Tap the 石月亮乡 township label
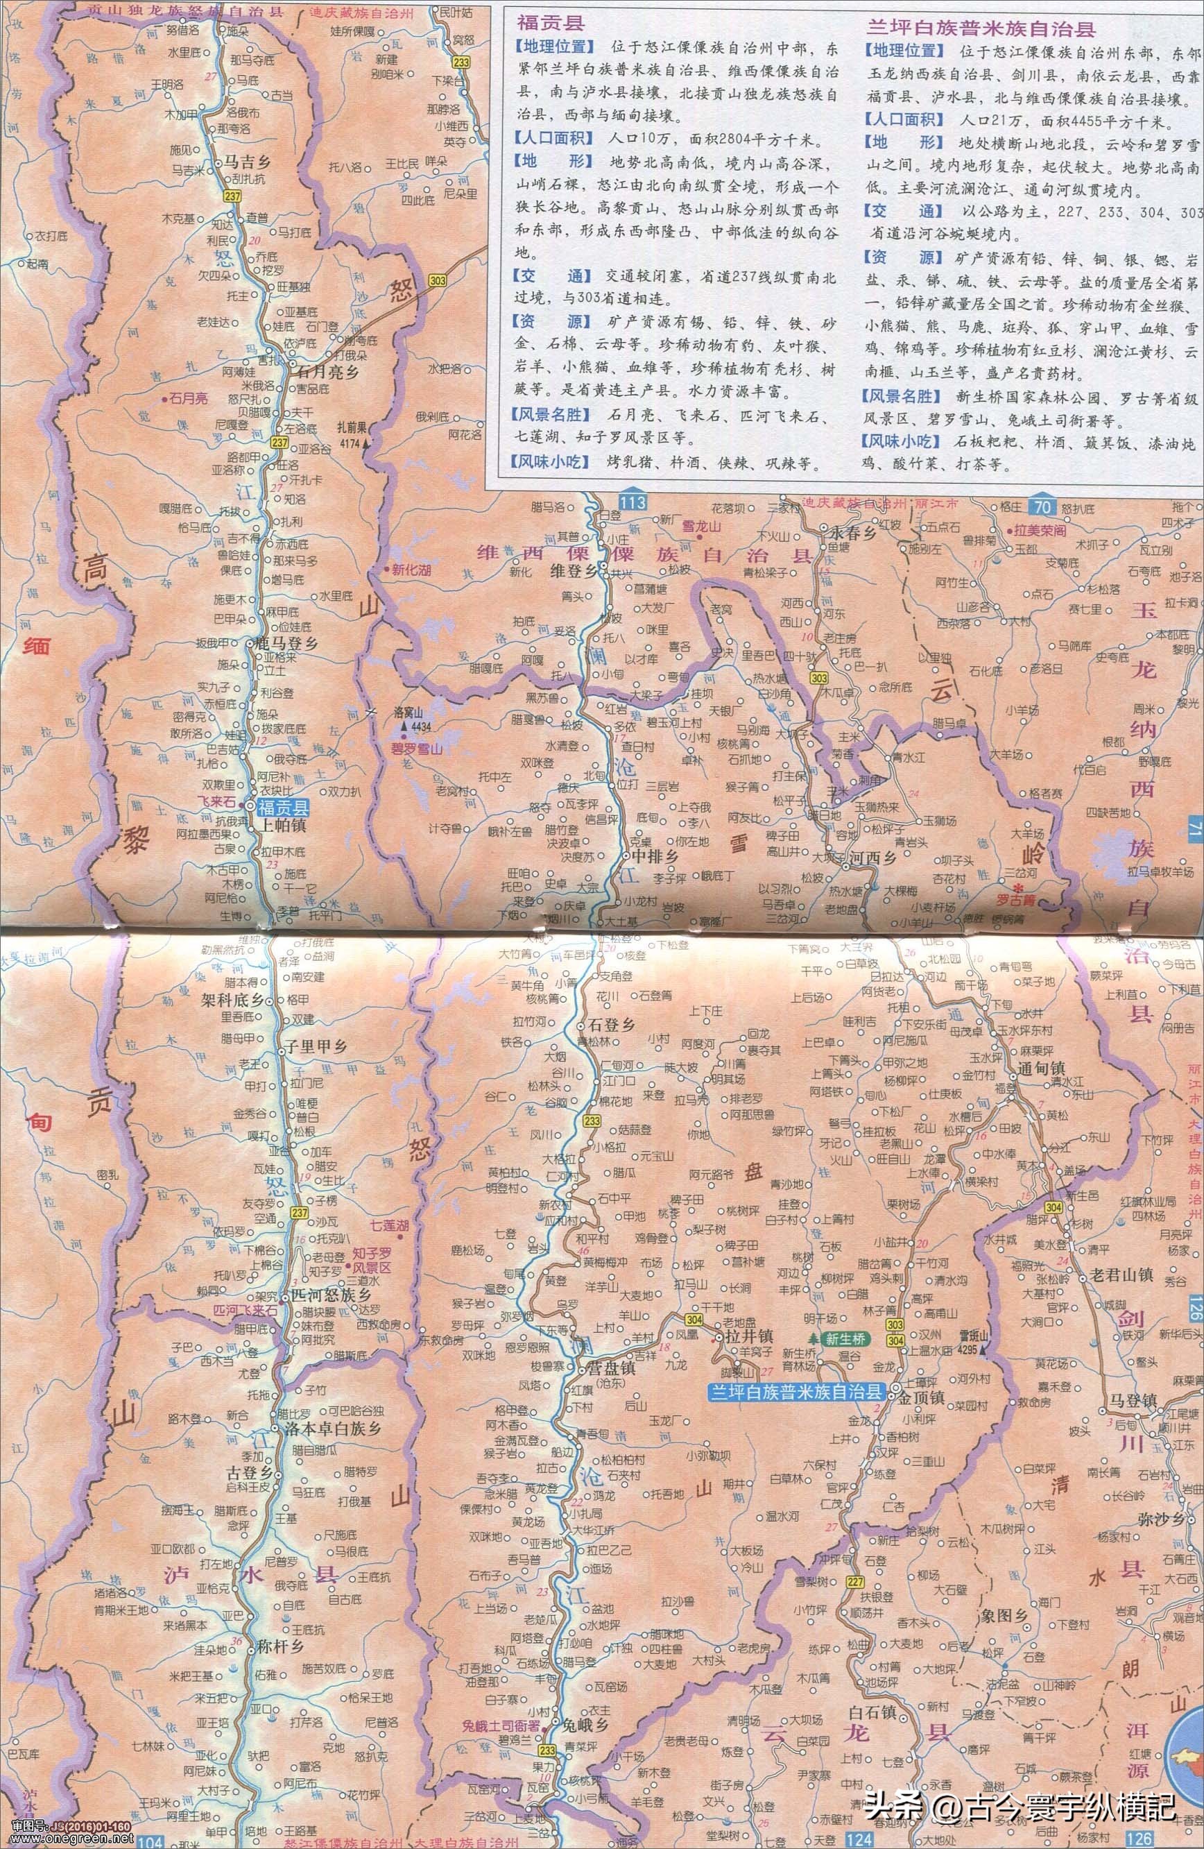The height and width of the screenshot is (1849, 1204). pyautogui.click(x=329, y=370)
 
